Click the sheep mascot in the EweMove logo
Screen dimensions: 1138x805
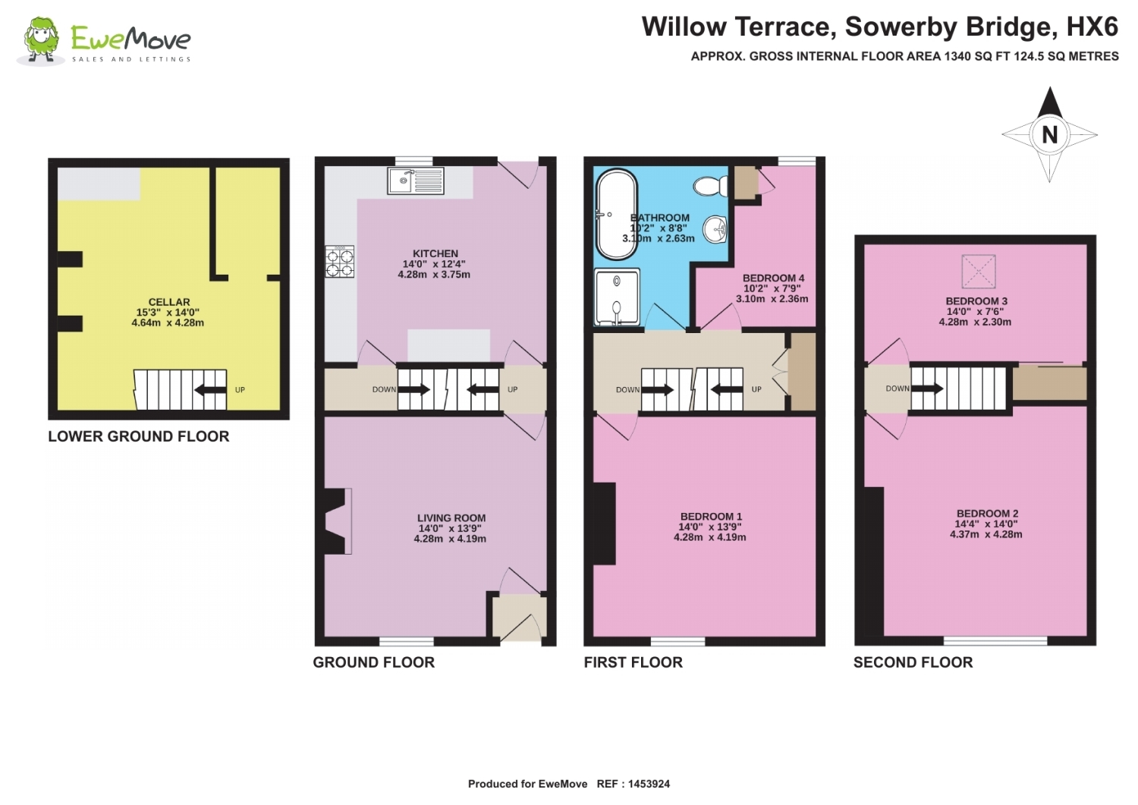click(x=41, y=41)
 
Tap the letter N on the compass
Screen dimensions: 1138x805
click(x=1049, y=135)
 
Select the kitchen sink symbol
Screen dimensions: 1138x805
click(x=416, y=181)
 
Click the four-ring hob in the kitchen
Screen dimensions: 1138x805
click(x=340, y=261)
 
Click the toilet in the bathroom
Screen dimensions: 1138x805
click(x=711, y=186)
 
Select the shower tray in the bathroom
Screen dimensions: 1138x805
click(x=617, y=297)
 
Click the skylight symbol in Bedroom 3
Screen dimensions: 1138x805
click(x=979, y=272)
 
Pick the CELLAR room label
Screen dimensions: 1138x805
click(x=169, y=302)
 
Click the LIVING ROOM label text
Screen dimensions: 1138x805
click(x=451, y=518)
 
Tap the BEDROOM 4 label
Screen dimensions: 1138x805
click(x=773, y=278)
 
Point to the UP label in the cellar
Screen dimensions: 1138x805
click(x=240, y=390)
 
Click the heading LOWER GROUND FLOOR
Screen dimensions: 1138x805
click(x=139, y=436)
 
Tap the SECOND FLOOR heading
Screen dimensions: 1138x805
click(x=913, y=662)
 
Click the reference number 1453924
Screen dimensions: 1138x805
click(x=649, y=785)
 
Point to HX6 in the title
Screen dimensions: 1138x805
click(x=1092, y=27)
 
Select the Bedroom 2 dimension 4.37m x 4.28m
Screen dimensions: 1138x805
click(x=986, y=534)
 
